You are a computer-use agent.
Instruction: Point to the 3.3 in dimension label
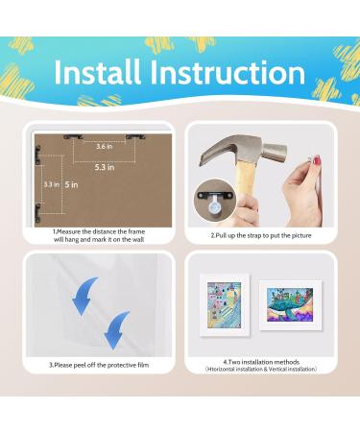(52, 183)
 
